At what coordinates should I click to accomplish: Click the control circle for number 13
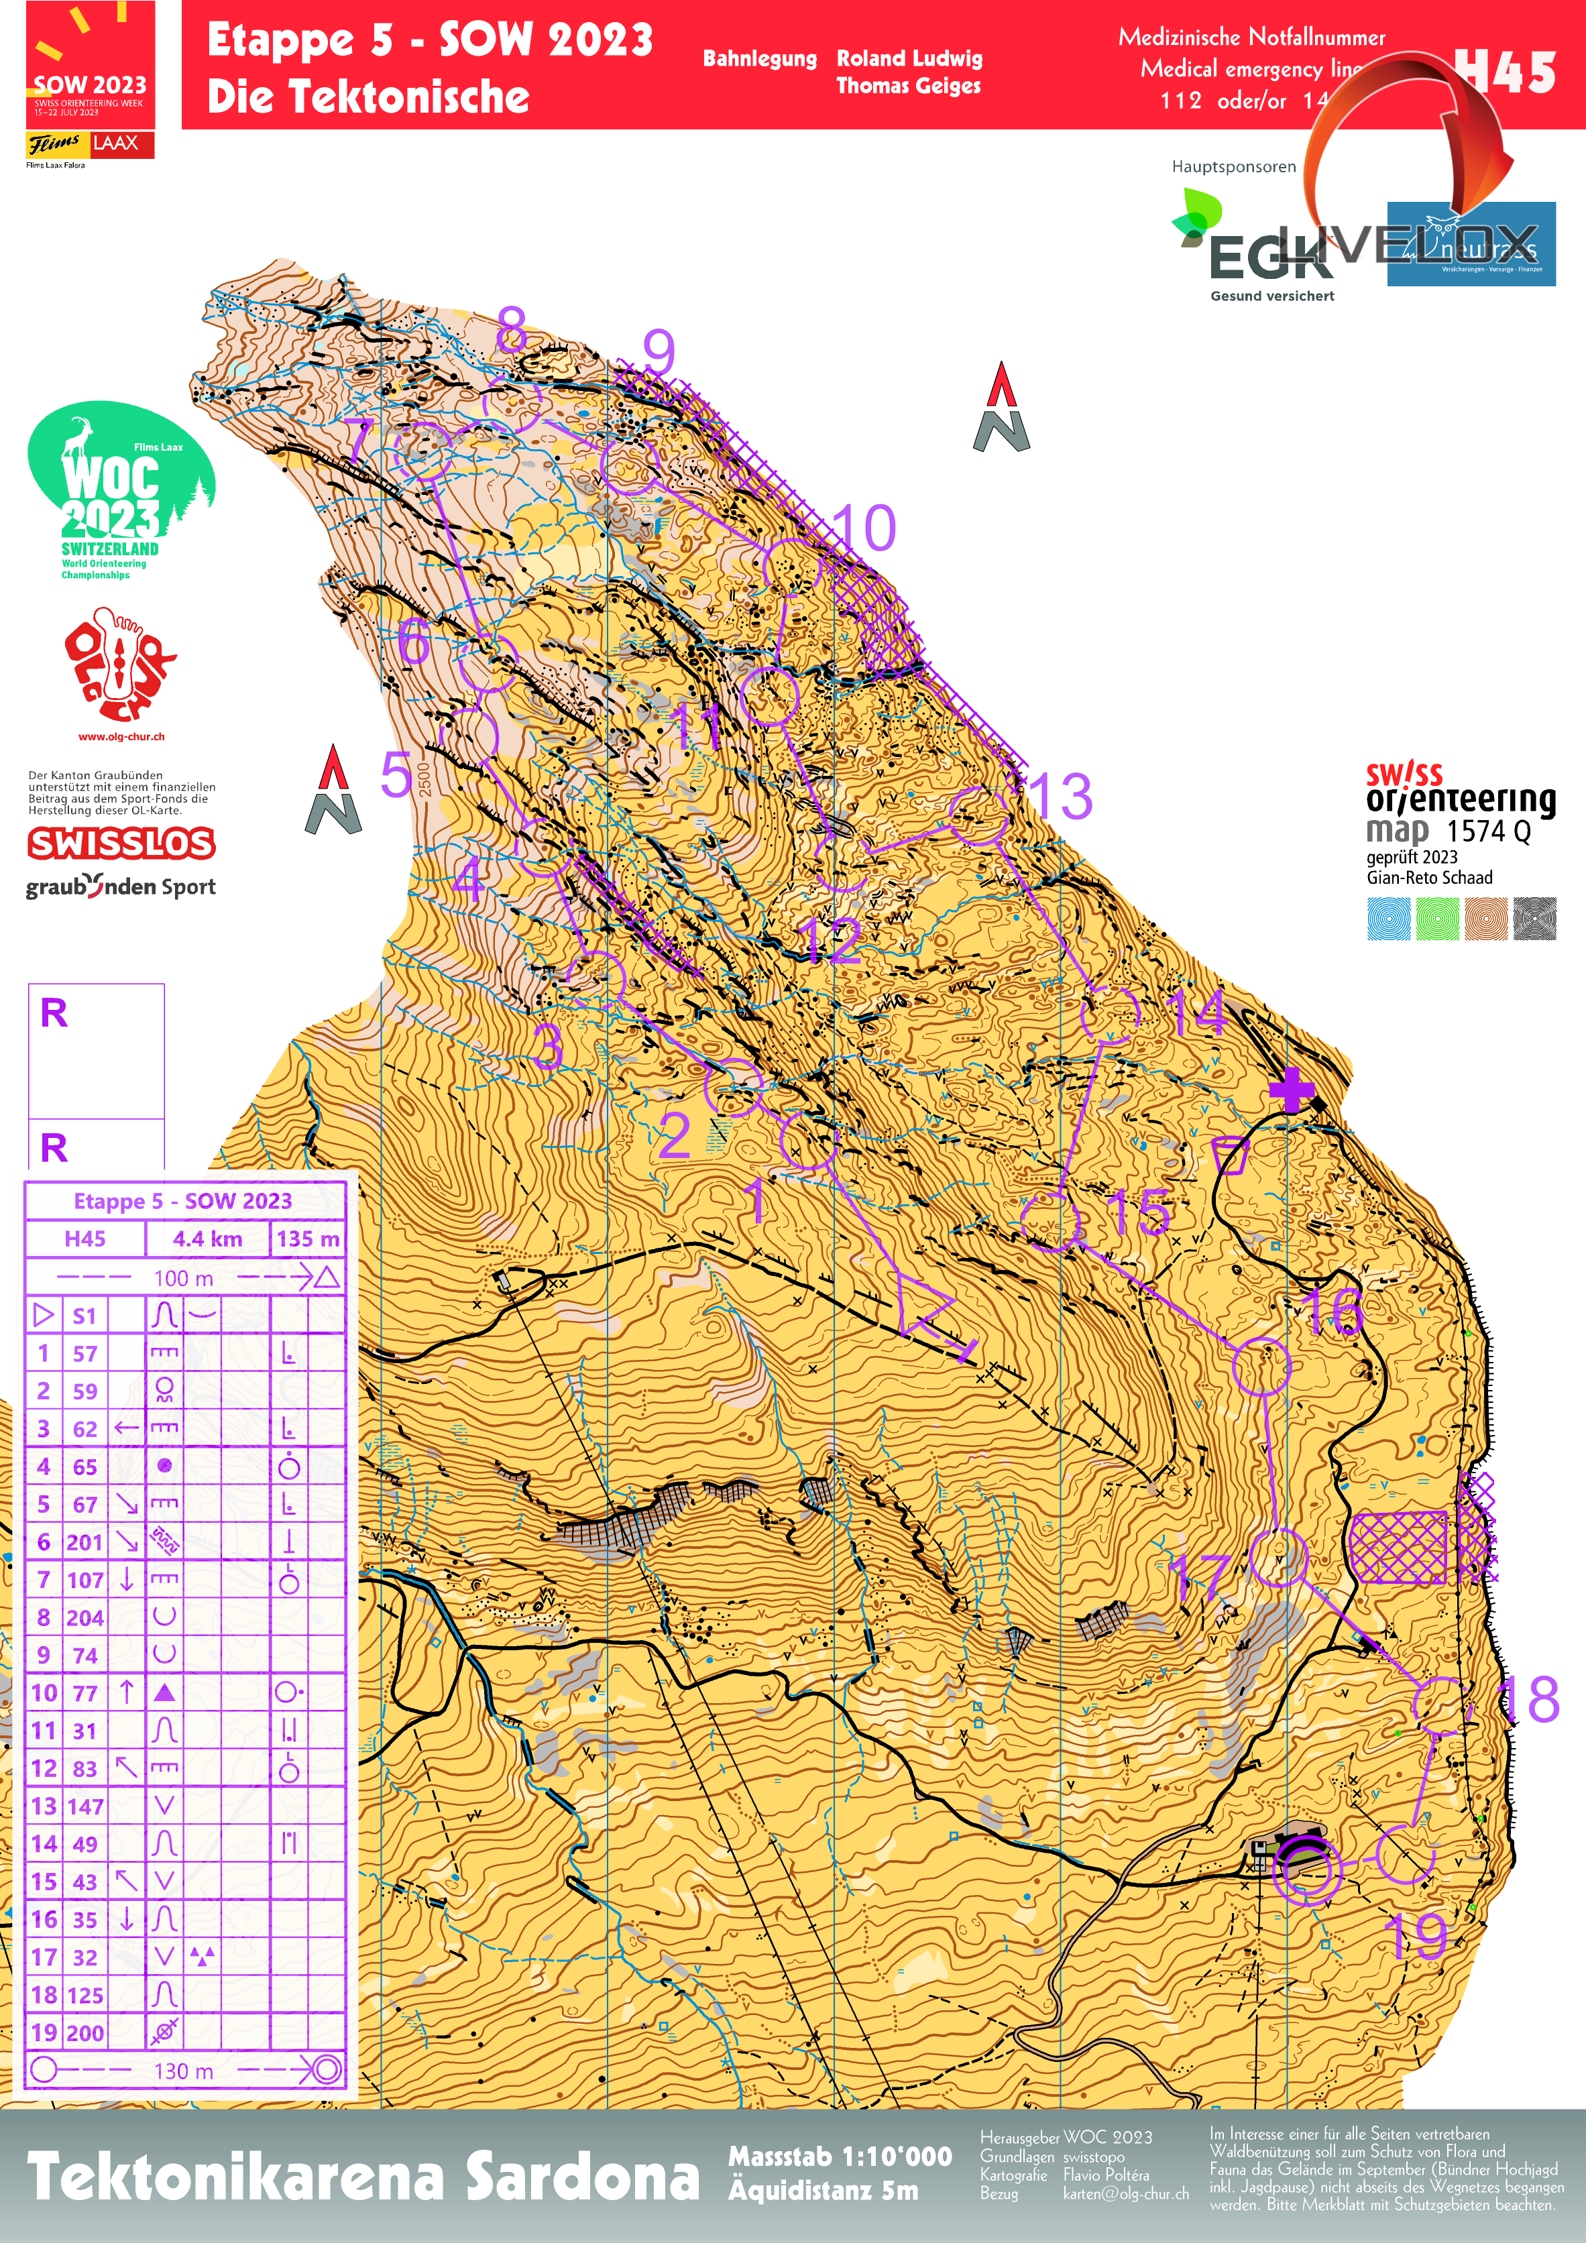tap(978, 815)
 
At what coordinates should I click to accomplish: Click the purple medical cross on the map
tap(1292, 1089)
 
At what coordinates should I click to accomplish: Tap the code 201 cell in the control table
tap(85, 1542)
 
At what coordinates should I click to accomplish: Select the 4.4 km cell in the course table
tap(207, 1239)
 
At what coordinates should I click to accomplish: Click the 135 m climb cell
tap(308, 1239)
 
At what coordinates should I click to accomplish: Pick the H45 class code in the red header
tap(1504, 72)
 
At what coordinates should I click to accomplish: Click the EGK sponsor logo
tap(1261, 249)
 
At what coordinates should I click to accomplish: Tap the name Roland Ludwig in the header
tap(909, 58)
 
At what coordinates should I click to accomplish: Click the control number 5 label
tap(396, 774)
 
